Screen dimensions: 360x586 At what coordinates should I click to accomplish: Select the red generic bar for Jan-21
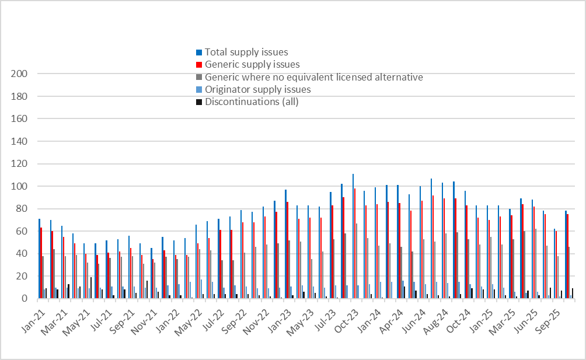(41, 263)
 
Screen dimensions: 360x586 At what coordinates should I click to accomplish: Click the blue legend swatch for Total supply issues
(199, 53)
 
